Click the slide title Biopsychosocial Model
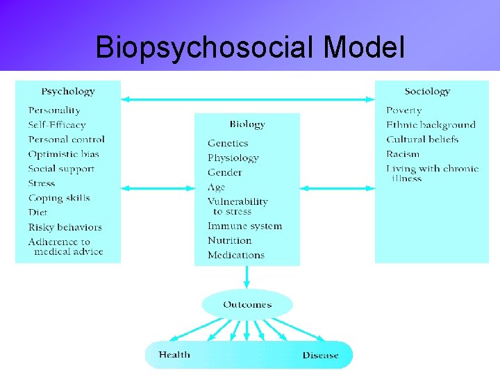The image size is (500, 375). [x=250, y=47]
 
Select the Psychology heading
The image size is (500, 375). [x=68, y=91]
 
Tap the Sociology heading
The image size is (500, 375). [x=427, y=91]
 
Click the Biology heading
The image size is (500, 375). [x=247, y=124]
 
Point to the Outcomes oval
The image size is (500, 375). [x=247, y=304]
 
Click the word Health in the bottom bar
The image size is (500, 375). [x=174, y=355]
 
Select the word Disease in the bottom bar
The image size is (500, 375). [x=320, y=355]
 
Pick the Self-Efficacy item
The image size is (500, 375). [x=57, y=125]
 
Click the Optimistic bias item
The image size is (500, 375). [x=63, y=154]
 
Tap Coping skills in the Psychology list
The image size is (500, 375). [x=59, y=198]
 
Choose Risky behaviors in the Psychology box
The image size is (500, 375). [x=65, y=227]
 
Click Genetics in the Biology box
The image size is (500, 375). [x=228, y=143]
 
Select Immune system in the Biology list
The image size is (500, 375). [x=244, y=226]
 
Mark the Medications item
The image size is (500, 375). [x=236, y=255]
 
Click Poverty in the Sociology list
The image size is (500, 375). [x=403, y=110]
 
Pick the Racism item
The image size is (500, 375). [x=403, y=154]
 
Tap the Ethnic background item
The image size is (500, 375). [x=431, y=125]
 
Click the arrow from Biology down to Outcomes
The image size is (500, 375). [x=247, y=277]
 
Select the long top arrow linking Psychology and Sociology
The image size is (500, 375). [x=247, y=99]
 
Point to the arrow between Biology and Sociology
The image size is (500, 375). [x=337, y=188]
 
